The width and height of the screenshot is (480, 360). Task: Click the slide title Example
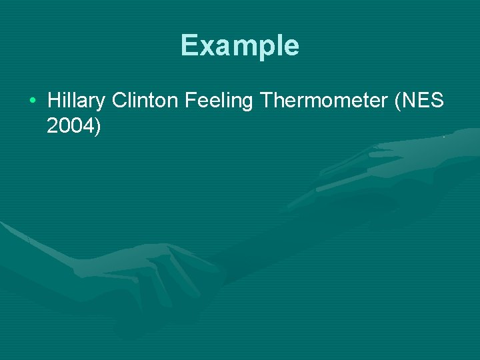239,46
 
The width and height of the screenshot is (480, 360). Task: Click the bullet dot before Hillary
33,101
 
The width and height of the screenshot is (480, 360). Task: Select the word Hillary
76,101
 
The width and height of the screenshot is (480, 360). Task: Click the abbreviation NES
423,101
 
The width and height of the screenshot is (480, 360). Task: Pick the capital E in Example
189,45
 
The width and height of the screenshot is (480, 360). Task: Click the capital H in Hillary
54,101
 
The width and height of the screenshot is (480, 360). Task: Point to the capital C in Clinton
120,101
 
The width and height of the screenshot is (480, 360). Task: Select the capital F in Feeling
190,101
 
